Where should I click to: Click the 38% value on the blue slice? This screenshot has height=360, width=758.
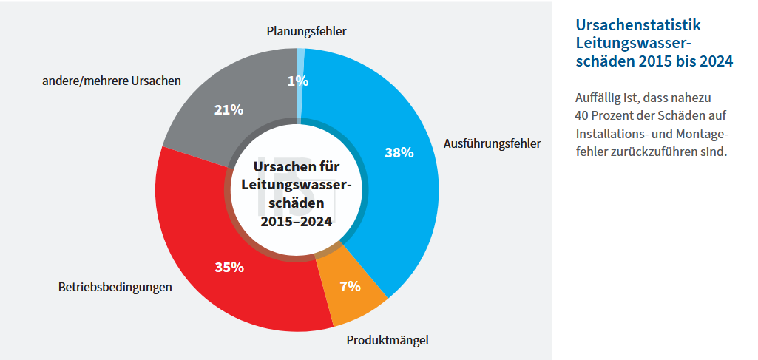point(399,152)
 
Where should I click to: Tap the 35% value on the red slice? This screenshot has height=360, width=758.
point(229,267)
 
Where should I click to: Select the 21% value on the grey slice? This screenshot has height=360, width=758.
point(229,109)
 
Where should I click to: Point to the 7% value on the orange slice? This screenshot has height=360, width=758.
point(350,286)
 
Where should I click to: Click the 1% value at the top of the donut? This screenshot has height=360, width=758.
point(297,81)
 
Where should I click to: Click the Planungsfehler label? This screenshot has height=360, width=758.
point(306,31)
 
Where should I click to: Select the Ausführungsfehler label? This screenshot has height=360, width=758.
point(492,143)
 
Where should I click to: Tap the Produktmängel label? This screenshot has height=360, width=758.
point(388,340)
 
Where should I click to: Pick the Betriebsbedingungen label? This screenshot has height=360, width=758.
point(115,287)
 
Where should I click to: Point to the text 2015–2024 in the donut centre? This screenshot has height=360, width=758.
point(296,220)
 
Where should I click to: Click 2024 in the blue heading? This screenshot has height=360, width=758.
point(714,62)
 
